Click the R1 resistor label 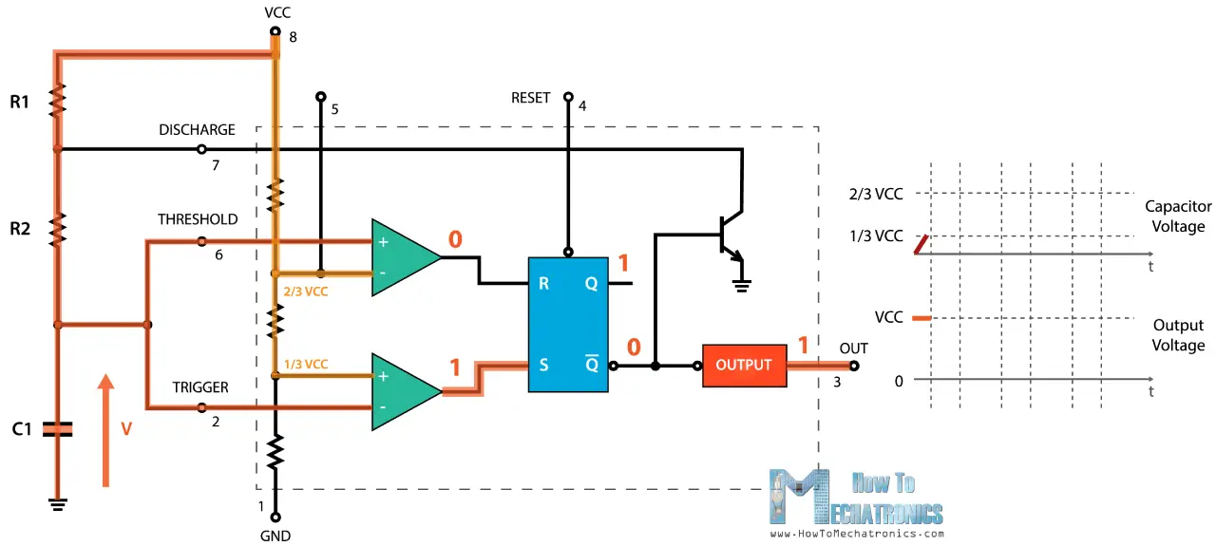[20, 102]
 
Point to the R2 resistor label [20, 229]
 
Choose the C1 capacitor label [22, 429]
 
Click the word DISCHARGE [197, 130]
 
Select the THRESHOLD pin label [198, 219]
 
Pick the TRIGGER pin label [200, 387]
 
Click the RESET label [530, 98]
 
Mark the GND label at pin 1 [275, 536]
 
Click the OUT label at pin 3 [853, 348]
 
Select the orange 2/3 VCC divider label [305, 292]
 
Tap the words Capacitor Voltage [1178, 217]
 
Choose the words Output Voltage [1178, 335]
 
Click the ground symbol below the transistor [743, 282]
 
